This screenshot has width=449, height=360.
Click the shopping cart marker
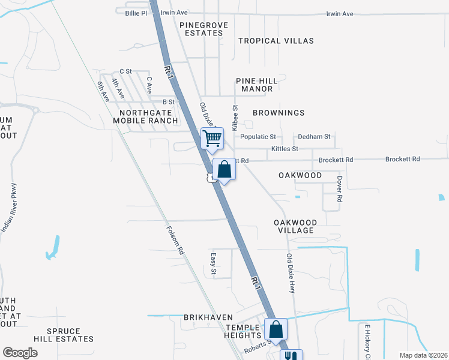[x=212, y=139]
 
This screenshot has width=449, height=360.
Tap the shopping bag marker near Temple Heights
[x=276, y=329]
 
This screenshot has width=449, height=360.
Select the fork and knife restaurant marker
[x=291, y=356]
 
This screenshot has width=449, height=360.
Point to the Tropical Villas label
[x=276, y=41]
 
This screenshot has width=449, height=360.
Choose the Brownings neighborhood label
[x=279, y=113]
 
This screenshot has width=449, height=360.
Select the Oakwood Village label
[x=294, y=226]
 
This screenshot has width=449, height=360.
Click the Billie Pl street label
[x=136, y=13]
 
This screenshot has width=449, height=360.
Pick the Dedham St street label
[x=315, y=137]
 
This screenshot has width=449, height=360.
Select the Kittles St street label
[x=285, y=148]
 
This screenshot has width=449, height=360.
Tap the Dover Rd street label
[x=339, y=188]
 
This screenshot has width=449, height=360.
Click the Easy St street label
[x=213, y=265]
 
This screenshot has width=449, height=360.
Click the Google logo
[x=20, y=353]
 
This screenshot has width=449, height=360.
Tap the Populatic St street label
[x=258, y=137]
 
